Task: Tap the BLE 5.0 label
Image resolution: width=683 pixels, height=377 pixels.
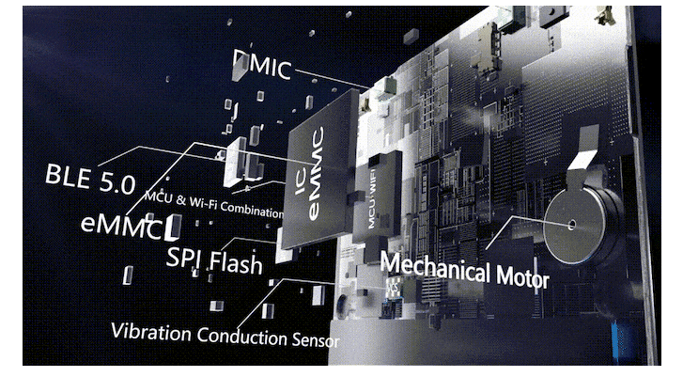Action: point(91,176)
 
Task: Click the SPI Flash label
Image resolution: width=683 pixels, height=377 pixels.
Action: point(215,260)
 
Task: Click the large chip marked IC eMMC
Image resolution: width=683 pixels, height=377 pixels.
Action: point(320,183)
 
